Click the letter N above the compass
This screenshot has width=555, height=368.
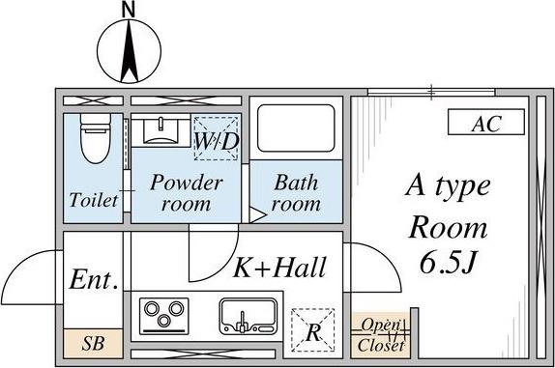click(x=129, y=10)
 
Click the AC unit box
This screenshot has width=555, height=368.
click(x=486, y=122)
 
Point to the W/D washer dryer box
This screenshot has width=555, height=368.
click(x=217, y=138)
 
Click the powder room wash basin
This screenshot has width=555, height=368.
click(x=161, y=130)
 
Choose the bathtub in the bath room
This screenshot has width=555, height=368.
click(x=296, y=127)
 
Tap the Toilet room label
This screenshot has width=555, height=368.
click(x=94, y=200)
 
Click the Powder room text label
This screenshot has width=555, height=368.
click(x=187, y=193)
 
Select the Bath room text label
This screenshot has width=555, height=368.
click(x=296, y=193)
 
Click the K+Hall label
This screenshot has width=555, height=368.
click(x=279, y=268)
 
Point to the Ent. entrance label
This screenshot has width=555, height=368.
click(x=94, y=279)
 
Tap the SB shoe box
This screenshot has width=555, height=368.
click(x=94, y=343)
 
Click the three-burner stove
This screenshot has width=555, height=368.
click(x=163, y=316)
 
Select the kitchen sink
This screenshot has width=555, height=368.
click(x=248, y=317)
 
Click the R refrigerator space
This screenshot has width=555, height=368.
click(x=313, y=330)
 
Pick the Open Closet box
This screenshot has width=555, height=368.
click(x=381, y=335)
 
